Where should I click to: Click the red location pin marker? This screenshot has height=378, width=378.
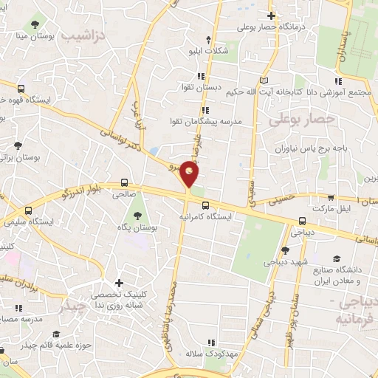coord(190,174)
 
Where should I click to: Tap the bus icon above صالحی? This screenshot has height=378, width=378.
coord(123,183)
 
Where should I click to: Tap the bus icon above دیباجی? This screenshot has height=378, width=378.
coord(302,220)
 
